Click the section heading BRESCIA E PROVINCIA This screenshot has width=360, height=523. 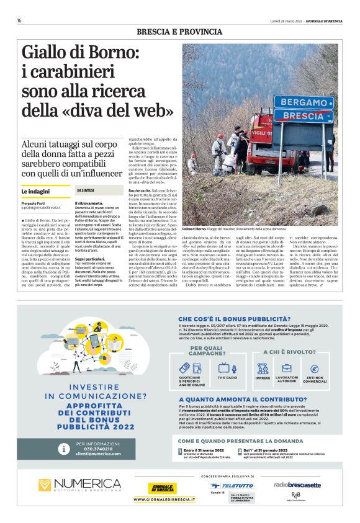pyautogui.click(x=179, y=32)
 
